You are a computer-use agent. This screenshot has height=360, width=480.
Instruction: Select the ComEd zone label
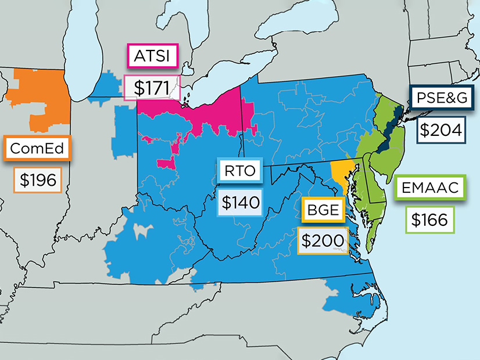tap(38, 149)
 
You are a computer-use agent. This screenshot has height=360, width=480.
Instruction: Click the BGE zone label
tap(323, 210)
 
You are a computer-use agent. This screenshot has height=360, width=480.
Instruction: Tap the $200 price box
tap(323, 240)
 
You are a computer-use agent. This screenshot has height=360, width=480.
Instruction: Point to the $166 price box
tap(429, 220)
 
